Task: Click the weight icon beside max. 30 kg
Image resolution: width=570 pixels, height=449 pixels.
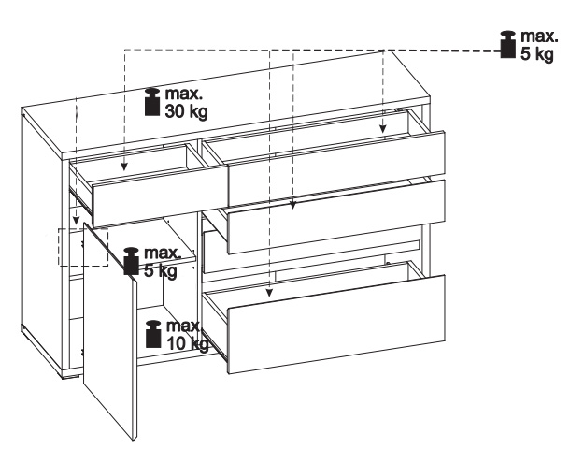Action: (x=152, y=102)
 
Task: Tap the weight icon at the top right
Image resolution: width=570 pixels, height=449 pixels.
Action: (x=507, y=44)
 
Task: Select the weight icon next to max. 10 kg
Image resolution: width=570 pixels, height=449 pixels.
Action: (x=153, y=334)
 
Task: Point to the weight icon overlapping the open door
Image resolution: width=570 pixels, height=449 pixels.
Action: (x=131, y=261)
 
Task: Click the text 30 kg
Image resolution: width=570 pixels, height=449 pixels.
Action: (x=187, y=111)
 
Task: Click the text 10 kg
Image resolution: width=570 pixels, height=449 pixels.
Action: (x=188, y=343)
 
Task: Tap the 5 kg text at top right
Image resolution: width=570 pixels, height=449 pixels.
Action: (x=537, y=54)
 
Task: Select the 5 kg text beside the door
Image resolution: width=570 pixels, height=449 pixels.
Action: (x=161, y=270)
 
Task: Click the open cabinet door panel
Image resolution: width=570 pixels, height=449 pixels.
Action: (x=110, y=332)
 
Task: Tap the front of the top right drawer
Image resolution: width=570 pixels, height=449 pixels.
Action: (x=336, y=168)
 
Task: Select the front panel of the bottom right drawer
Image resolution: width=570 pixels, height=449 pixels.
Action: (x=336, y=325)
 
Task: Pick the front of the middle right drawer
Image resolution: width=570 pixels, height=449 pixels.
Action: (x=336, y=217)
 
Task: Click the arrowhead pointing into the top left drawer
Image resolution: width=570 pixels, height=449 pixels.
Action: (x=124, y=167)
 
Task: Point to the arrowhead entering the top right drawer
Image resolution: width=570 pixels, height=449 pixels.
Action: (x=382, y=128)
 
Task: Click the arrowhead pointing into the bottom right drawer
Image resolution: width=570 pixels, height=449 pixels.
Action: (x=269, y=293)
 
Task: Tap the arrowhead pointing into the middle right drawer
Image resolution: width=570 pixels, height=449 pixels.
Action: (x=293, y=206)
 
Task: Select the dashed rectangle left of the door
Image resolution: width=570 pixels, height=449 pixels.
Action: (x=83, y=247)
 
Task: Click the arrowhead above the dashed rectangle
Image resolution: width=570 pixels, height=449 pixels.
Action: (x=76, y=220)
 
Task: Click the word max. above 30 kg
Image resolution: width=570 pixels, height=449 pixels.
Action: (x=183, y=94)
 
